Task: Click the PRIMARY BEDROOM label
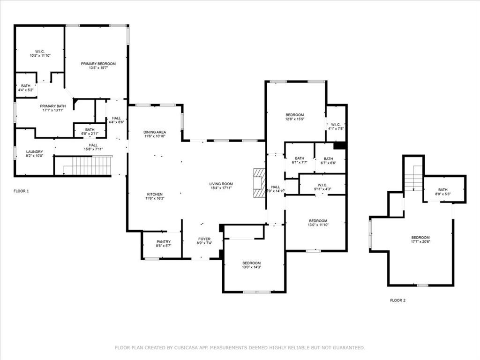click(x=98, y=64)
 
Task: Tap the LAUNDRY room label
click(x=34, y=152)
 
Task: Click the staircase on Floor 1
click(x=92, y=165)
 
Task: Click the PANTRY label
click(x=164, y=242)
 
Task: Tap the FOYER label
click(x=204, y=239)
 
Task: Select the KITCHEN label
click(x=155, y=194)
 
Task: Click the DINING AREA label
click(x=155, y=132)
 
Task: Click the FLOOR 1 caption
click(x=21, y=191)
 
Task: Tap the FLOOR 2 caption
click(x=397, y=300)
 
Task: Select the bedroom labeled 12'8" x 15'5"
click(x=295, y=115)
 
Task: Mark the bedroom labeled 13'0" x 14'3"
click(x=251, y=263)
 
